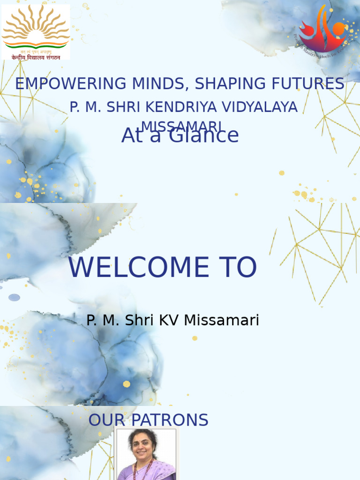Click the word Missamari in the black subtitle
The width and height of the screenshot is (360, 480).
tap(221, 321)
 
